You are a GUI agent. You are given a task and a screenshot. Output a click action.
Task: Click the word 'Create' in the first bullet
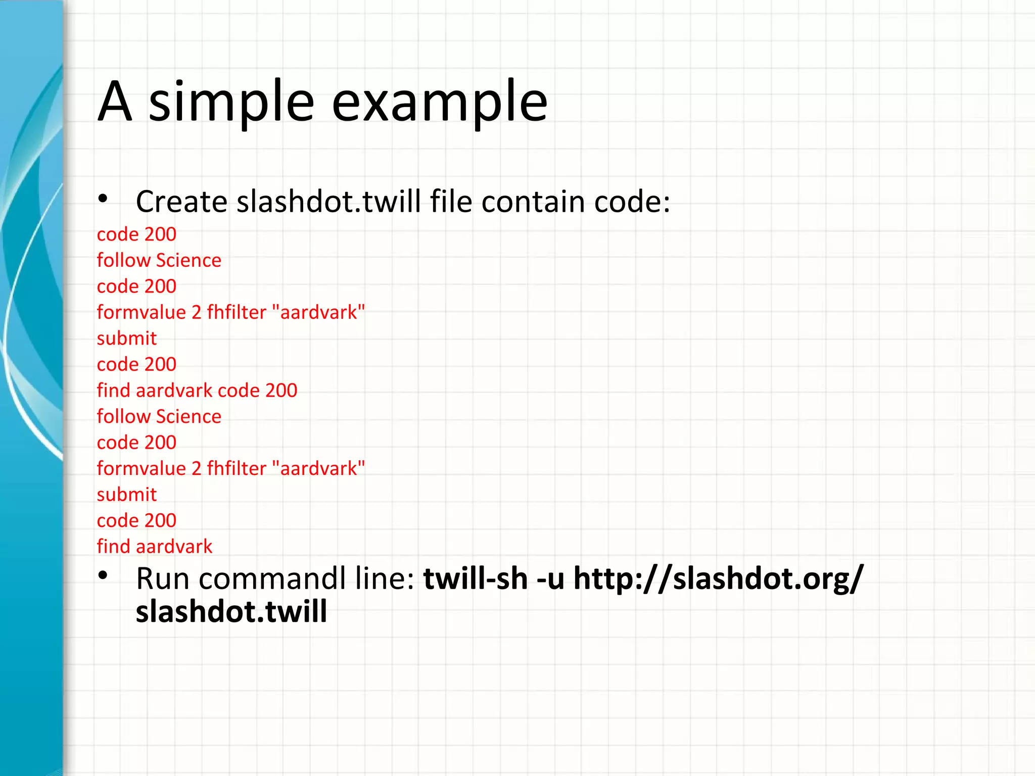click(181, 202)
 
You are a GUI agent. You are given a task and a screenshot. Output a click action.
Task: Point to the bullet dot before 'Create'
click(103, 199)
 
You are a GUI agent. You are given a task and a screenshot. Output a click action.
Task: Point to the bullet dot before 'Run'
click(103, 575)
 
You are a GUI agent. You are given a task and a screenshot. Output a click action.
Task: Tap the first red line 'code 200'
click(136, 234)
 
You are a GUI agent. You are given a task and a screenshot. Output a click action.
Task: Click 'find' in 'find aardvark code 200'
click(113, 390)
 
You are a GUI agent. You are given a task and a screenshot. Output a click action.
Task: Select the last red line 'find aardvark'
click(154, 547)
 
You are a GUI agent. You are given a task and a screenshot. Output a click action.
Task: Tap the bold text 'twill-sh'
click(475, 578)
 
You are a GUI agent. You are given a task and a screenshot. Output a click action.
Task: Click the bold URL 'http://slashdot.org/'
click(718, 578)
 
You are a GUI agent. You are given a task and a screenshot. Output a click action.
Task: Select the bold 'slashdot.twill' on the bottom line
click(231, 612)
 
